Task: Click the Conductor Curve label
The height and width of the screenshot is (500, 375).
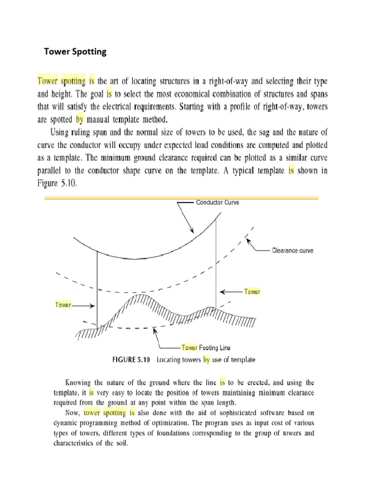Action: (217, 202)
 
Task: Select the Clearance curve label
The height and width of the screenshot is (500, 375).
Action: (292, 250)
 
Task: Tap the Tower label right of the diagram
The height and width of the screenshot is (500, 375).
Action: (252, 292)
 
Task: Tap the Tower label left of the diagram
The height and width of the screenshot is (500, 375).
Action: (63, 305)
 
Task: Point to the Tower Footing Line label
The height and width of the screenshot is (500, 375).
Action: (206, 348)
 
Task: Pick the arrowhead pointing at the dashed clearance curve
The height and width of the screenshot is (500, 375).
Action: (249, 239)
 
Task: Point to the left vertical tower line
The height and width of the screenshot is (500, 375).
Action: (97, 288)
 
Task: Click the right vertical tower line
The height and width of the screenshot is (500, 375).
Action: (215, 264)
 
